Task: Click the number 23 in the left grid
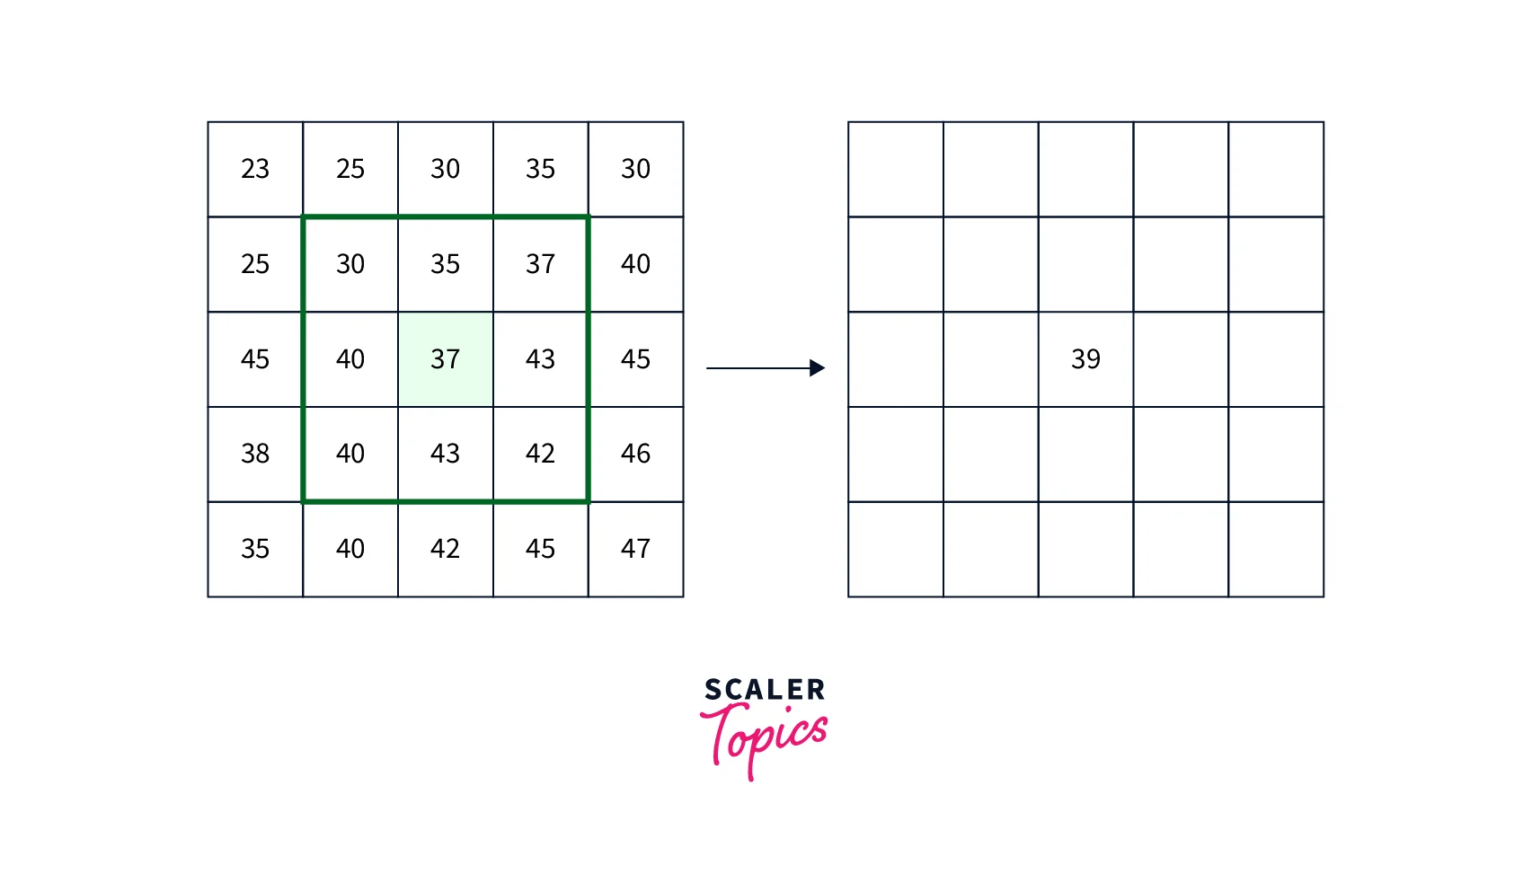(x=255, y=169)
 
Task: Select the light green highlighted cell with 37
(x=446, y=359)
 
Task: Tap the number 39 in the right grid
(x=1085, y=359)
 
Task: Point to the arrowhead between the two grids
(x=817, y=367)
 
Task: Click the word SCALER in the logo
(x=765, y=690)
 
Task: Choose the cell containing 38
(x=255, y=454)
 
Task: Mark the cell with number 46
(x=635, y=454)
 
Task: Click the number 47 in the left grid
(x=635, y=549)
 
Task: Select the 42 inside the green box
(x=540, y=454)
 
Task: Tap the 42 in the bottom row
(x=446, y=549)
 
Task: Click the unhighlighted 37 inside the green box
(x=540, y=264)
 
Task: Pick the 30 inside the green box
(x=350, y=264)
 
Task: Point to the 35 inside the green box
(x=446, y=264)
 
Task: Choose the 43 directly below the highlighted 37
(x=446, y=454)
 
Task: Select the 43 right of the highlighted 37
(x=540, y=359)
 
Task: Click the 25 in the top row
(x=350, y=169)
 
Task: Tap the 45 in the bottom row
(x=540, y=549)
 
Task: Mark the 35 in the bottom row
(x=255, y=549)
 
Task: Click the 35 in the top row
(x=540, y=169)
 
